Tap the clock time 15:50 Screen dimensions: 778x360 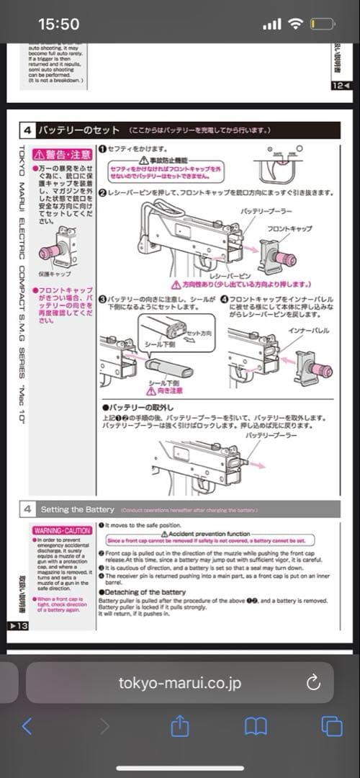click(x=58, y=24)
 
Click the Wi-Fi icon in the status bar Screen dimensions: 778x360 click(x=296, y=24)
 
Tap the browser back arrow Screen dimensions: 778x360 click(x=27, y=726)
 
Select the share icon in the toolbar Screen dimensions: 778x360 click(x=179, y=726)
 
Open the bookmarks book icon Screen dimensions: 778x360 click(x=256, y=726)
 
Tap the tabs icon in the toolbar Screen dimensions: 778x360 click(x=331, y=726)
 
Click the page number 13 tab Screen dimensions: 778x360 click(x=17, y=626)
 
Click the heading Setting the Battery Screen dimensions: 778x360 click(x=78, y=509)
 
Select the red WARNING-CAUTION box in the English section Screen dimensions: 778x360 click(x=63, y=530)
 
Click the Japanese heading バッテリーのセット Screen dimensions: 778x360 click(x=78, y=130)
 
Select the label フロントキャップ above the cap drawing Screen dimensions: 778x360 click(x=289, y=228)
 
